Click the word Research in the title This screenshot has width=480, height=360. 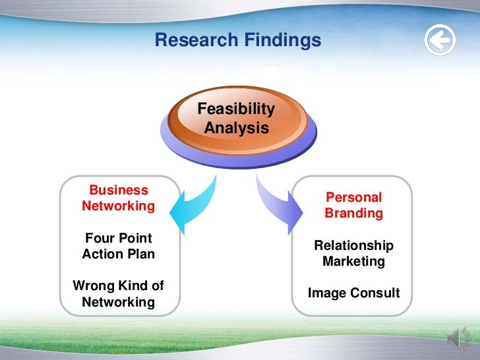(x=191, y=41)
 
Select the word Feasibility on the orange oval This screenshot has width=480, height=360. (x=236, y=109)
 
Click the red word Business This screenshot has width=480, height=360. (x=119, y=191)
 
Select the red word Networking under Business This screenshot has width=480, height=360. (x=119, y=206)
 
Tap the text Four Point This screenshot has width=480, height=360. (x=119, y=238)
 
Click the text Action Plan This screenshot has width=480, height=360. (x=119, y=254)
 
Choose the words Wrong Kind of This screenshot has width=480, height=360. (x=119, y=286)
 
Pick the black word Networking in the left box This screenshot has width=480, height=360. (x=119, y=303)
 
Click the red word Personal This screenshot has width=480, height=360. (x=354, y=197)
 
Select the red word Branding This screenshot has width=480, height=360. (x=354, y=214)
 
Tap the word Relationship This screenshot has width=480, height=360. (x=354, y=245)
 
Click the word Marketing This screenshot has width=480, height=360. (x=354, y=261)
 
